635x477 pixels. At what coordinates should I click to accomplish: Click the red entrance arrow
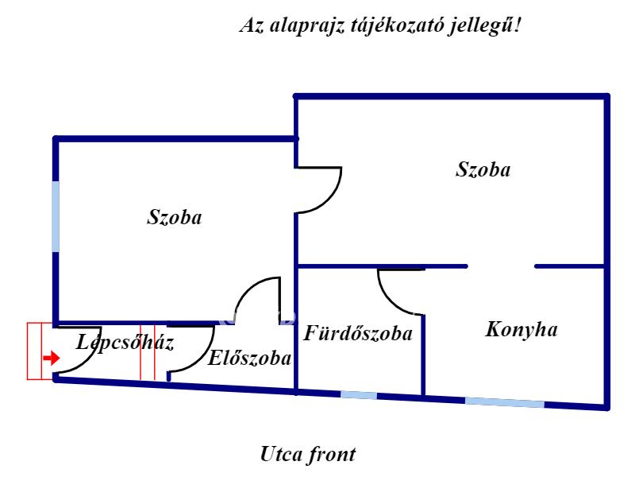pos(52,359)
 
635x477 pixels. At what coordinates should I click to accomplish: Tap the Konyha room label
pos(521,330)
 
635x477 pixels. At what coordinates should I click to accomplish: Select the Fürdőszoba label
pos(358,333)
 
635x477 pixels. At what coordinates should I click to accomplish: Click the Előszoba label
pos(249,359)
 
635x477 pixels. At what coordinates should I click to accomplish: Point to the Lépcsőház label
pos(125,343)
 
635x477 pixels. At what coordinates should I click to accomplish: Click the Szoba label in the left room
pos(174,217)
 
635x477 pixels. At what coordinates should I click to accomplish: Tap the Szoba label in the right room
pos(483,169)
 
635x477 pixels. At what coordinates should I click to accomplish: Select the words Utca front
pos(308,454)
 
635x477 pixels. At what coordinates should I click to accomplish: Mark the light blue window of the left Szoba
pos(56,216)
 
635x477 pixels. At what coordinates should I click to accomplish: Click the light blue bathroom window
pos(359,394)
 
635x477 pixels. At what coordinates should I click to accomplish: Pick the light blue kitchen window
pos(505,402)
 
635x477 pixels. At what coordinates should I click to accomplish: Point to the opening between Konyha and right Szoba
pos(501,266)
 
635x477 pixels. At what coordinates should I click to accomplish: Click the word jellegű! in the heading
pos(484,26)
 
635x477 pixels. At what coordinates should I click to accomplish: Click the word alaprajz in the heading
pos(307,26)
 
